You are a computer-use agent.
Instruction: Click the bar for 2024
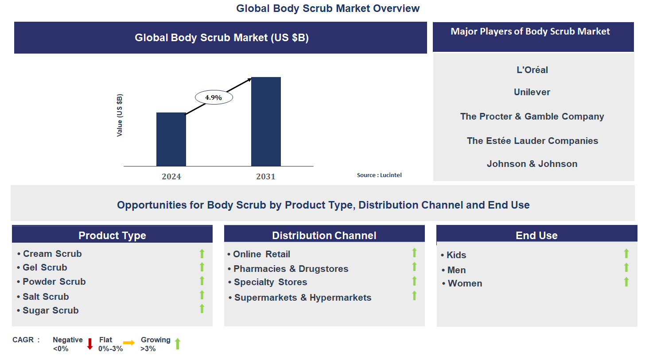tap(171, 139)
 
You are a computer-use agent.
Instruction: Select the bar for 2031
tap(266, 122)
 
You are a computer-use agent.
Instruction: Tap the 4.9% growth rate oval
tap(214, 97)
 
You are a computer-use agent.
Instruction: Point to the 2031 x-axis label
tap(266, 177)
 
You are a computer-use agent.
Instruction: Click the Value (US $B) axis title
tap(120, 115)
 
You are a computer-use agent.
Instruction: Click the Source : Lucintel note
tap(379, 175)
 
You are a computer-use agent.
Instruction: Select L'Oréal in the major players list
tap(532, 70)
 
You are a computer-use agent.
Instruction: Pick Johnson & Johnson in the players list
tap(532, 164)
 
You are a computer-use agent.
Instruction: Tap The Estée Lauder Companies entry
tap(532, 141)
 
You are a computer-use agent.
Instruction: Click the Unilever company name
tap(532, 92)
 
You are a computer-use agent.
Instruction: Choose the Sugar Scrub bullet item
tap(50, 310)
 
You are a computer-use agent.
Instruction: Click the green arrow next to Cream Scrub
tap(202, 254)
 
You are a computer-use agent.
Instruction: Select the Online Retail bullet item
tap(261, 254)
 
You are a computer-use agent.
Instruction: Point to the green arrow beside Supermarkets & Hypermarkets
tap(414, 296)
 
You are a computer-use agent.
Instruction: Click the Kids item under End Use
tap(456, 255)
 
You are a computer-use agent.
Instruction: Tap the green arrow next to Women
tap(626, 282)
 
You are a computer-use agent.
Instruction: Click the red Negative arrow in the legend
tap(90, 344)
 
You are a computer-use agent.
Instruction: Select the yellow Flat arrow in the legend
tap(129, 343)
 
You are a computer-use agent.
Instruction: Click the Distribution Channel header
tap(324, 236)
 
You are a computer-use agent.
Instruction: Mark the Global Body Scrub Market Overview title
tap(328, 8)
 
